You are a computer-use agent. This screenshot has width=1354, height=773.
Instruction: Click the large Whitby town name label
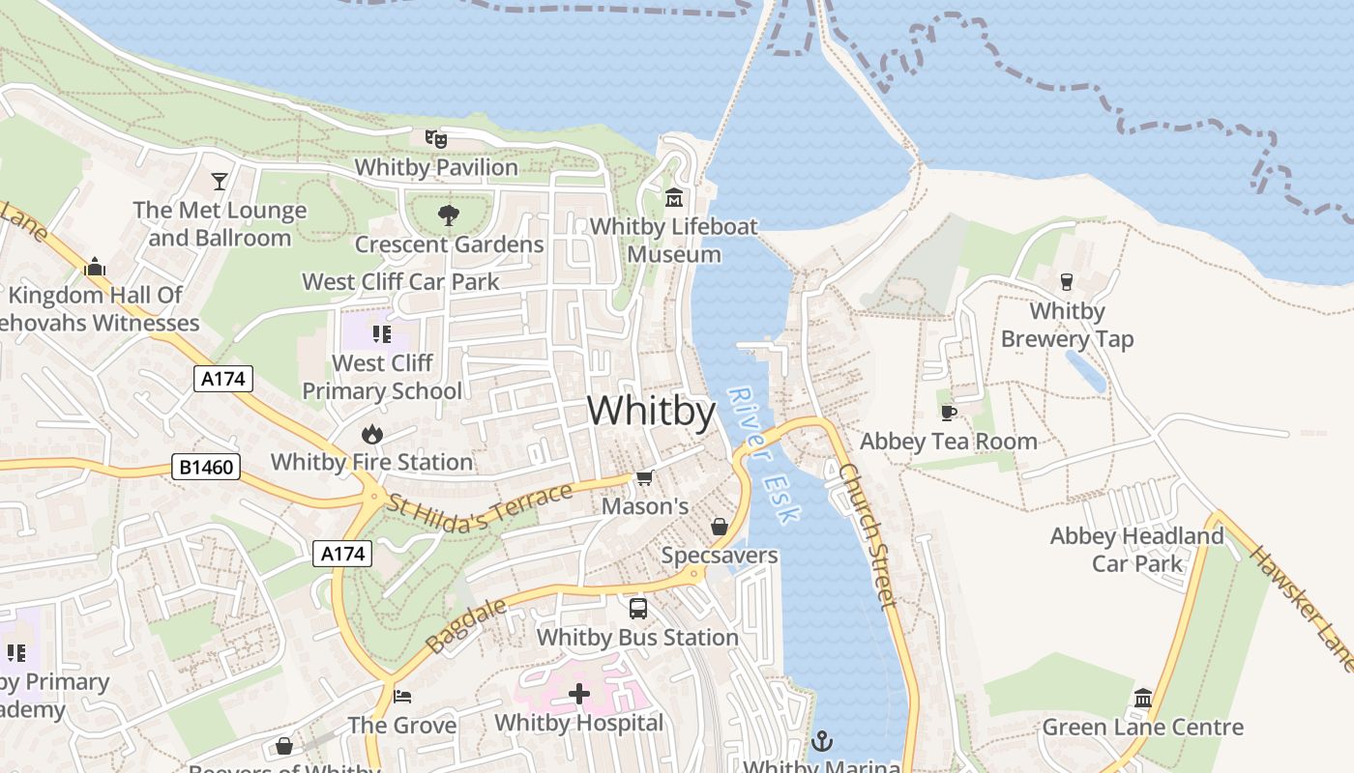tap(651, 412)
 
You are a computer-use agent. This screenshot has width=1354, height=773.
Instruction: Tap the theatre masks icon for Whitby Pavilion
tap(436, 139)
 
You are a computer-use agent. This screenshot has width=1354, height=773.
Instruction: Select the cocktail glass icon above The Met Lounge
tap(221, 181)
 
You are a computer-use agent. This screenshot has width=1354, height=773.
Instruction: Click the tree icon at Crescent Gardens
tap(448, 215)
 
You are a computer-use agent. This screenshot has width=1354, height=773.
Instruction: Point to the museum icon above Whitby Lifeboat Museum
tap(673, 198)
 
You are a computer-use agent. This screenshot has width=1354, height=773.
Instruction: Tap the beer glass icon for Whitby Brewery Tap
tap(1067, 281)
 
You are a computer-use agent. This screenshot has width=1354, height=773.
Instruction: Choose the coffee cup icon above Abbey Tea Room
tap(949, 413)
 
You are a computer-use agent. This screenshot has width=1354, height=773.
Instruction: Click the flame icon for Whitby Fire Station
tap(371, 434)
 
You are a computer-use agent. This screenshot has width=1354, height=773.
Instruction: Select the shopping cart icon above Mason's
tap(644, 477)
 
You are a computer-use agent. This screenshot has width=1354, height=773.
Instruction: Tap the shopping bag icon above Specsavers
tap(719, 527)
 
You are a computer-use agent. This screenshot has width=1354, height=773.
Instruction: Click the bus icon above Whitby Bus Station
tap(637, 609)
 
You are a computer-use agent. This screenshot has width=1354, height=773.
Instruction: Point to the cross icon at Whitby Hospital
tap(578, 694)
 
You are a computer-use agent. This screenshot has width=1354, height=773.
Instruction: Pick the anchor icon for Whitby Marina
tap(821, 741)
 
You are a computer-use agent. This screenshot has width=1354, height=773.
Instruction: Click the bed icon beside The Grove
tap(402, 696)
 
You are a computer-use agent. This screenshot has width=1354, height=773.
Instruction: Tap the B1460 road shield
tap(206, 468)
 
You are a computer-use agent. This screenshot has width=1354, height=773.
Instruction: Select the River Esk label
tap(764, 455)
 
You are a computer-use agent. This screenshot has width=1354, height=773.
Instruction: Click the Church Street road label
tap(868, 534)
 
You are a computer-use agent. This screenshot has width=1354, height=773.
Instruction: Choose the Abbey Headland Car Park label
tap(1137, 549)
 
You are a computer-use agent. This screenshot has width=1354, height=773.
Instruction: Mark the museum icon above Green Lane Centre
tap(1142, 698)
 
